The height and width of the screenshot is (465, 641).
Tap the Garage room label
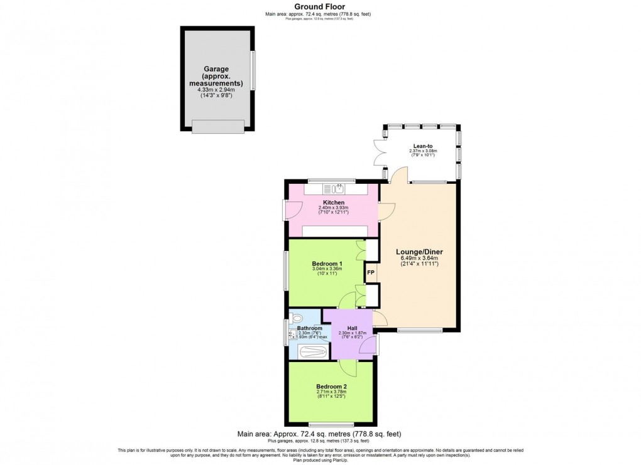216,69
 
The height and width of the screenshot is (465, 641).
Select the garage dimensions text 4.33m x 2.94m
216,90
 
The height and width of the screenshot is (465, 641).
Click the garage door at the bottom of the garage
217,127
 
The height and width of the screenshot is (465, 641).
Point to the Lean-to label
422,145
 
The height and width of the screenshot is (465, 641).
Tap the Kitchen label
333,202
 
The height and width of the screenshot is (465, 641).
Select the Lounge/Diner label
419,252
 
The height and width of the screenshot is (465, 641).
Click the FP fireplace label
371,273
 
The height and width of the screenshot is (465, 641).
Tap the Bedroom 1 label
327,264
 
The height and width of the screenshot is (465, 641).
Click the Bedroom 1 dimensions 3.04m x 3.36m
327,270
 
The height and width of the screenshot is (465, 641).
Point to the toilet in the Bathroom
297,318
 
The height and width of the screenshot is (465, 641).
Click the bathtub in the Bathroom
312,351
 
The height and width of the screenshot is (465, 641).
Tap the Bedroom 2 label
332,387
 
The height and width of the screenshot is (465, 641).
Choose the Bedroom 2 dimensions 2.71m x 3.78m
332,393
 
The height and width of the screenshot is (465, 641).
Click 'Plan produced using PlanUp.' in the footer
320,460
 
